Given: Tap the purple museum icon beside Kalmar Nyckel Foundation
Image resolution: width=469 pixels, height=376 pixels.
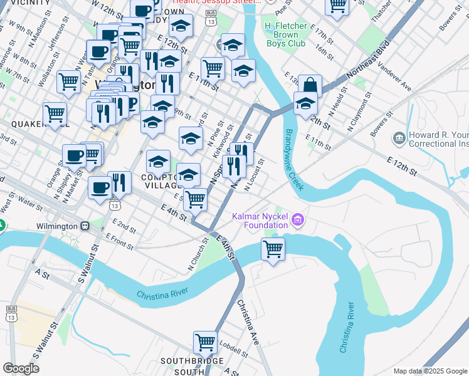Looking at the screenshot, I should point(298,220).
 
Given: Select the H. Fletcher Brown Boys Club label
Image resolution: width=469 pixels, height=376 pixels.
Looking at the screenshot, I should point(285,34).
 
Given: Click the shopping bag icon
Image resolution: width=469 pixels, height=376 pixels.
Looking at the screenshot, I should point(310,86).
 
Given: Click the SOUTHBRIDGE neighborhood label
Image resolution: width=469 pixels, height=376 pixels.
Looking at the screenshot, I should point(192,361).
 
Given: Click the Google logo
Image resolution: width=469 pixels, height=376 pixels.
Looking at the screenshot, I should point(21,368).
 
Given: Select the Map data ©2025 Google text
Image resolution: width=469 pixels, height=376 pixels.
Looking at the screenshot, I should point(429,370).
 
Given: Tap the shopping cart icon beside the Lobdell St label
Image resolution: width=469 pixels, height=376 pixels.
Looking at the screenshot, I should point(204,342).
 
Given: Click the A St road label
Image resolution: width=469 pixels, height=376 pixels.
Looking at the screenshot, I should point(43,274).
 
